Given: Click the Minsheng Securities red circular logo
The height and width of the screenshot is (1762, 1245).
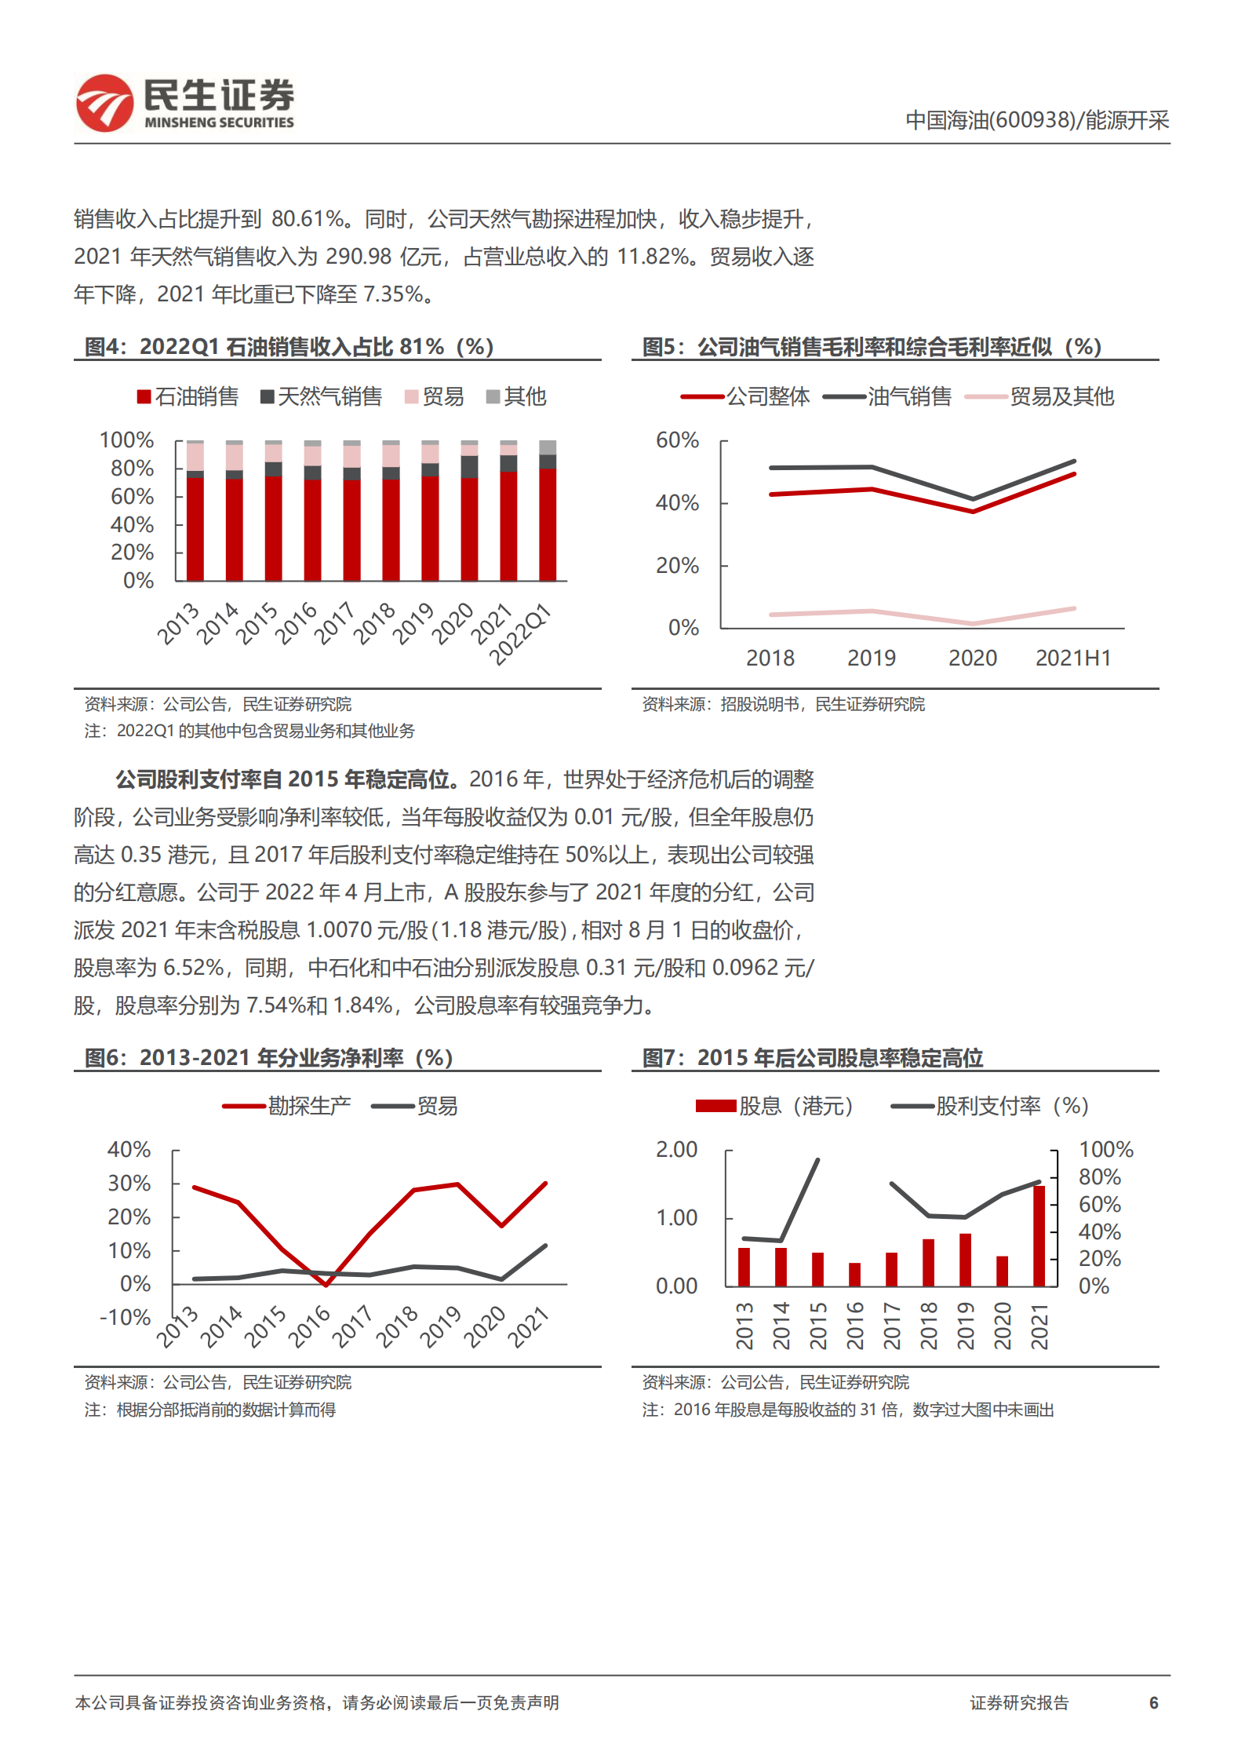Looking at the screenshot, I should [104, 103].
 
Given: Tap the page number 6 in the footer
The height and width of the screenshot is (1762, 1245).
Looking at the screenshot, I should [1153, 1702].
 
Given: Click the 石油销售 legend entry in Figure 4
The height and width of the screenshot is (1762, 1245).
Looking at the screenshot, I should [188, 397].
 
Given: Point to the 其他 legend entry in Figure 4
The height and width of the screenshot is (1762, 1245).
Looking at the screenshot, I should [516, 397].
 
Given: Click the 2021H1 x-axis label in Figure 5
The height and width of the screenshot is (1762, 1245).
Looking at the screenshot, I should [1073, 658].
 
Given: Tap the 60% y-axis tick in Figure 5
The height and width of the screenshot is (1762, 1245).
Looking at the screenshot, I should [677, 440].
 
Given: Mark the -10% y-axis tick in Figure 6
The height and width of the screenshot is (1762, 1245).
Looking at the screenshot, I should [126, 1317].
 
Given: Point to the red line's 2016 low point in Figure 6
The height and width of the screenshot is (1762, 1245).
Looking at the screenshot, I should [326, 1285].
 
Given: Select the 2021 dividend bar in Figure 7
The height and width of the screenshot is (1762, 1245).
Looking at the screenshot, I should [1039, 1236].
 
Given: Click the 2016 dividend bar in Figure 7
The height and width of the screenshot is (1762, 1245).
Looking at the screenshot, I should [854, 1275].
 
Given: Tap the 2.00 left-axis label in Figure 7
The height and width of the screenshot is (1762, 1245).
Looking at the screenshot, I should [676, 1150].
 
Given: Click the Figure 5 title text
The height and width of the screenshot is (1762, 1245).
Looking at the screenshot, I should [872, 347].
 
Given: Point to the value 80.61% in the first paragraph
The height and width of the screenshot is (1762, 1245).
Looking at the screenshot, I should [308, 219].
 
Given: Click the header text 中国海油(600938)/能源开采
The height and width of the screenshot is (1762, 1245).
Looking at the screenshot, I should [1037, 120].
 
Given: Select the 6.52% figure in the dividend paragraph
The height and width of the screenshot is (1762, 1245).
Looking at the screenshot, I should [193, 968].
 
